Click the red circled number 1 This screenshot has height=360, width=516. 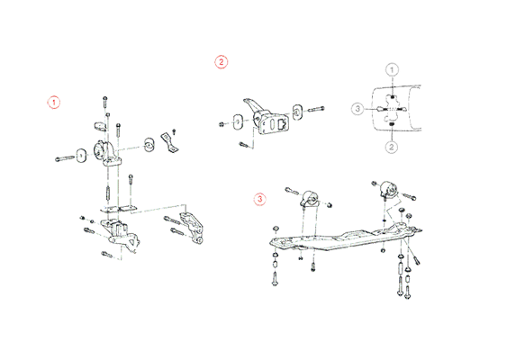coord(54,103)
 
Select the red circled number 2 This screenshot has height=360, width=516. coord(222,61)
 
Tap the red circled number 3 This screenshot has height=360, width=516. coord(260,199)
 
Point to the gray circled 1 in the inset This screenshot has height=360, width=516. coord(392,69)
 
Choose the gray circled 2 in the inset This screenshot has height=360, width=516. coord(392,147)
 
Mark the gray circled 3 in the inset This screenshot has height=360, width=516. coord(358,109)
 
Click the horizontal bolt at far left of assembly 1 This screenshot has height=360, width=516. coord(65,158)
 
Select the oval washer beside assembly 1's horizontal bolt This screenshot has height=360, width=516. coord(81,156)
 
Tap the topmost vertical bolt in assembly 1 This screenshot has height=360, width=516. coord(105,102)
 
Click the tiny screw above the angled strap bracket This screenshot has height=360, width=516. coord(174,131)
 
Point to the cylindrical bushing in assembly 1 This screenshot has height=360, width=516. coord(149,145)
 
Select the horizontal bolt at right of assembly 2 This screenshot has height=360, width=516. coord(315,109)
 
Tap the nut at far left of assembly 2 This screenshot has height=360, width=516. coord(222,124)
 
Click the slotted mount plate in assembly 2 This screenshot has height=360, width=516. coord(272,123)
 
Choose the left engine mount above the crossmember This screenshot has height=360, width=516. coord(310,199)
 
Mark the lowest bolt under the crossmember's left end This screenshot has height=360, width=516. coord(276,280)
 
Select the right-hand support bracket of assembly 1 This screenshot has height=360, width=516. coord(192,228)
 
